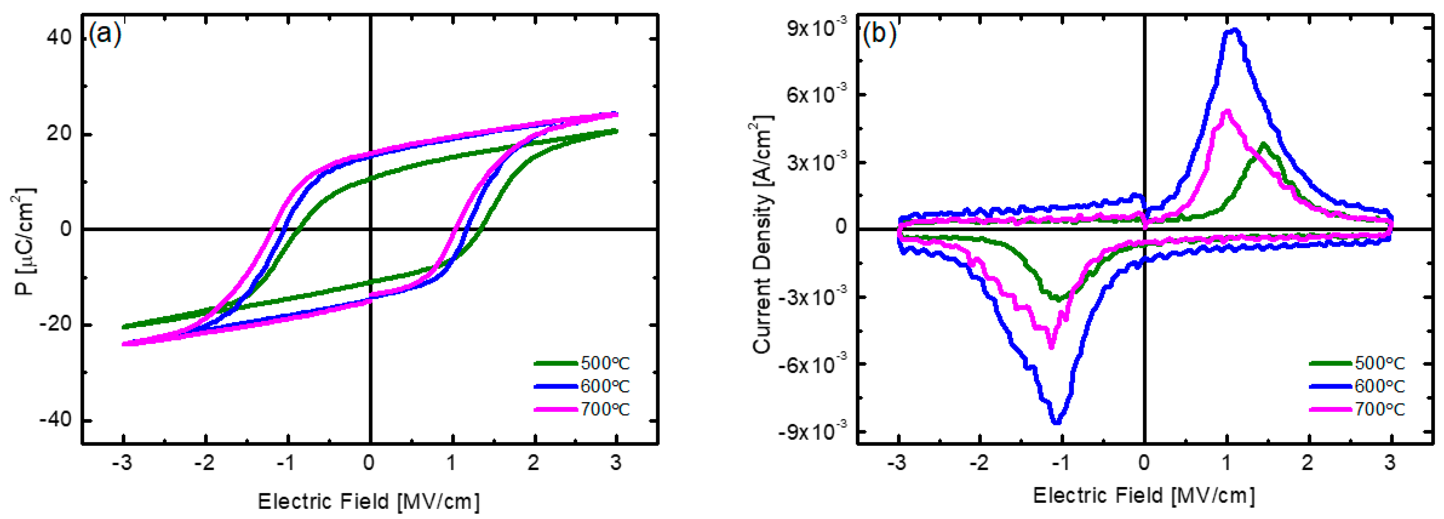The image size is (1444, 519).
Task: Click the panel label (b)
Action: (880, 34)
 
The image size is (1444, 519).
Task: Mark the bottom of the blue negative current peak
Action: (1057, 422)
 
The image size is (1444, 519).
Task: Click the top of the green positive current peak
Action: (1263, 144)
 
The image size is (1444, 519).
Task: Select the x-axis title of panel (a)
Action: (368, 501)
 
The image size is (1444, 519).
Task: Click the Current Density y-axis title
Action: (763, 235)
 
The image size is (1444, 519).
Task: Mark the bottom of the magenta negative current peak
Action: (1051, 347)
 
